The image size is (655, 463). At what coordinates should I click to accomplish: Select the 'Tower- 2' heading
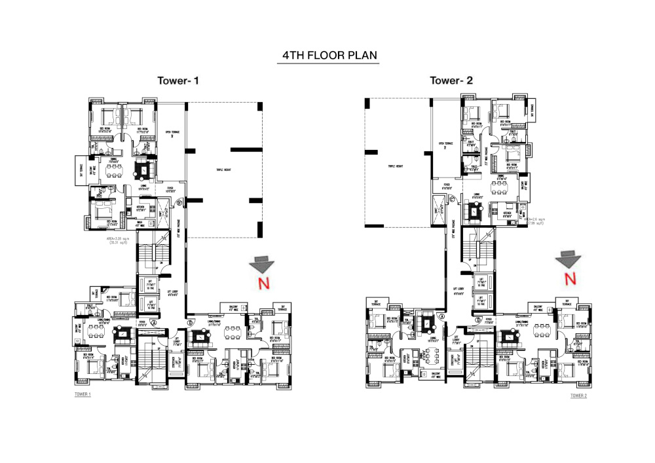pyautogui.click(x=451, y=81)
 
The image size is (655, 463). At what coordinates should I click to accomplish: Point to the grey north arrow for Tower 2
pyautogui.click(x=567, y=259)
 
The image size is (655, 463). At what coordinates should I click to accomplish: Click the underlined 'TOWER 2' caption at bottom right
pyautogui.click(x=578, y=396)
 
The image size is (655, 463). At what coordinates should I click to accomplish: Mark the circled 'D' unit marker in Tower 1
pyautogui.click(x=190, y=322)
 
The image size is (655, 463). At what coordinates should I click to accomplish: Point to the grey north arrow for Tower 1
pyautogui.click(x=260, y=265)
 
